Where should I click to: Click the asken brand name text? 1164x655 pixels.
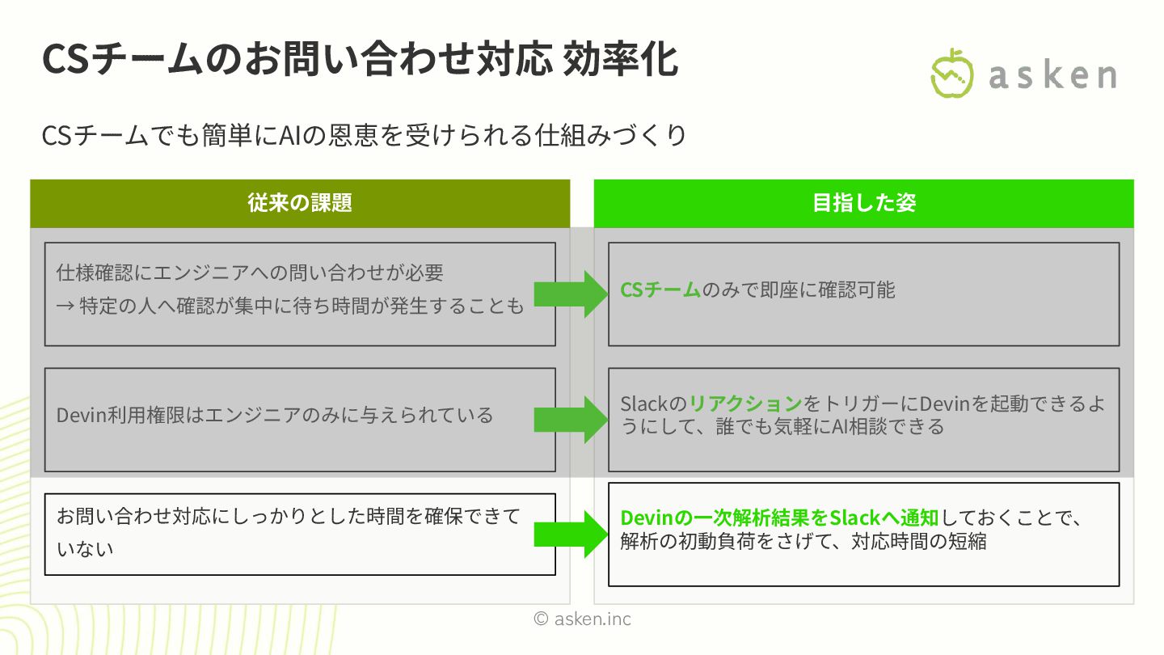click(x=1052, y=76)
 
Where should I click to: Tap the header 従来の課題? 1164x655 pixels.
click(x=300, y=203)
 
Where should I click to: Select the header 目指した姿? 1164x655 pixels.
click(x=863, y=203)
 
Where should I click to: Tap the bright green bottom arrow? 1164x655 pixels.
click(x=571, y=534)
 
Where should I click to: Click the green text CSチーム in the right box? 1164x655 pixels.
click(x=660, y=290)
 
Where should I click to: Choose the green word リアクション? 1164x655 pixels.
click(x=745, y=404)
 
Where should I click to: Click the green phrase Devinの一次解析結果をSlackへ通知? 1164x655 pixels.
click(x=778, y=518)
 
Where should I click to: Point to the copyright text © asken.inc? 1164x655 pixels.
click(x=582, y=619)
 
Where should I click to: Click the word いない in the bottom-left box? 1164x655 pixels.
click(x=85, y=549)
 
